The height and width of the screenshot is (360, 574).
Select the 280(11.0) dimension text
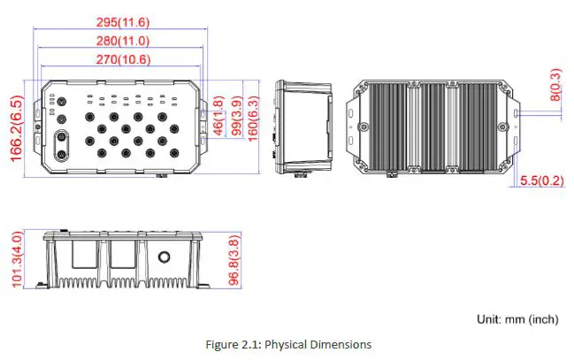(122, 41)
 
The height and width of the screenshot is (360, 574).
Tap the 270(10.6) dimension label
(122, 59)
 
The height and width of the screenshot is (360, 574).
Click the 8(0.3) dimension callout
(555, 88)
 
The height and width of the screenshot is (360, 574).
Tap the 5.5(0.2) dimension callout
(541, 180)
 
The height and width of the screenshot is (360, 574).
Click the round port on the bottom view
(165, 257)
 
